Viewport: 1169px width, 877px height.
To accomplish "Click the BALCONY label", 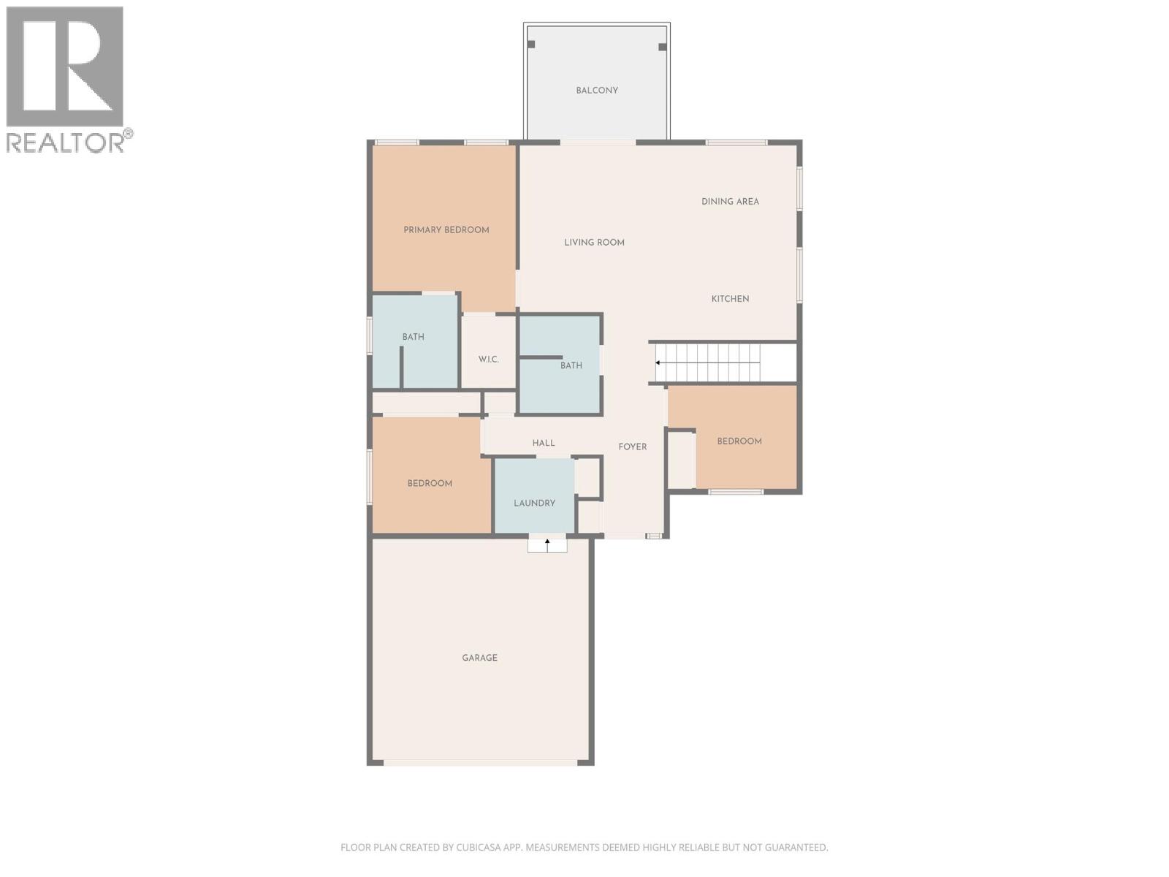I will pos(597,91).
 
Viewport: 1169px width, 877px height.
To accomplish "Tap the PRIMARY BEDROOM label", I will pos(446,230).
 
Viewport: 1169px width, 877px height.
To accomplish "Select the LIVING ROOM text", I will pos(594,243).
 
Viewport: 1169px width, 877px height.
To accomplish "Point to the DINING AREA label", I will pos(730,202).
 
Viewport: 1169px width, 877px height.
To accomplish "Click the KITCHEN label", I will pos(730,299).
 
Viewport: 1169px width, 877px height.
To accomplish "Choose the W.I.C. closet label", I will pos(489,360).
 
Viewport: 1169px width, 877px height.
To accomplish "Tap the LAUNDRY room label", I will pos(534,504).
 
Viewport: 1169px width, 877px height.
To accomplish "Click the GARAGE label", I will pos(479,658).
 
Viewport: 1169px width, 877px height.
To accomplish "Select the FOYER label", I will pos(633,447).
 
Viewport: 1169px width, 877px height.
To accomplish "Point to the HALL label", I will pos(544,444).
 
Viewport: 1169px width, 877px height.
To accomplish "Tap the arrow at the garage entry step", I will pos(547,543).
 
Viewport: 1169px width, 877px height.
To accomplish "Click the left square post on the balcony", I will pos(531,45).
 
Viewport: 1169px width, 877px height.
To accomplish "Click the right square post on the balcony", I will pos(663,47).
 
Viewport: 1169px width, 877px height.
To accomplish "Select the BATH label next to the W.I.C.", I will pos(413,338).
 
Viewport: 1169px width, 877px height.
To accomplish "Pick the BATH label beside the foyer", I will pos(571,366).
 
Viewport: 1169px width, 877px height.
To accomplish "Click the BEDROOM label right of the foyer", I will pos(739,441).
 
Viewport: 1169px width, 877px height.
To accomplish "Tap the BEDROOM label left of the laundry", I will pos(430,484).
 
